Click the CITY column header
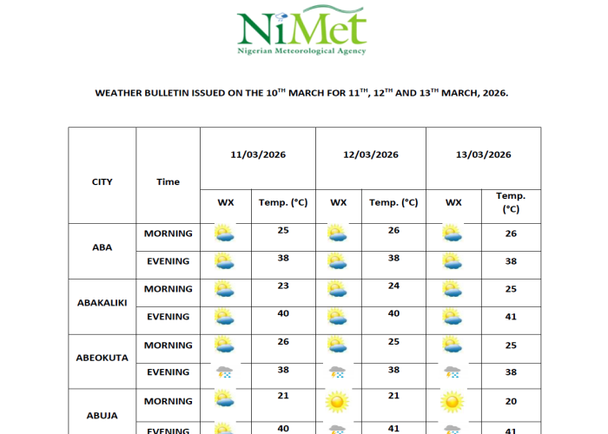point(102,181)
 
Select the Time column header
point(168,181)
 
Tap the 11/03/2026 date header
point(258,155)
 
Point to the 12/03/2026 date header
point(371,155)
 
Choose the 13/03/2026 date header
point(483,155)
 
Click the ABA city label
point(102,247)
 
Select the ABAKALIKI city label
point(102,303)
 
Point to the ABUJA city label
point(102,415)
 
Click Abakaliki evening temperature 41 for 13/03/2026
point(511,317)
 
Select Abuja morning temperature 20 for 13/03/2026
point(511,400)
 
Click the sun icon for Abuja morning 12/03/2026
point(338,401)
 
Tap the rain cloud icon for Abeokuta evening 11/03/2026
point(225,372)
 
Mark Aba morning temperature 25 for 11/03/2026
point(283,230)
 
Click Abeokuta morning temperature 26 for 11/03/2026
point(283,341)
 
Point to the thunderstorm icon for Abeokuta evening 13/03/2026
point(452,372)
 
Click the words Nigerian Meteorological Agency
point(302,50)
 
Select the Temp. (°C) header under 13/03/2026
point(511,202)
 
